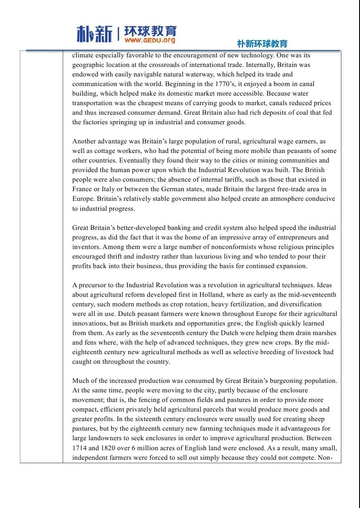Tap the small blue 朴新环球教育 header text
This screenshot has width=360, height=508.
(262, 44)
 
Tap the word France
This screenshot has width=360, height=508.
(82, 189)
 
